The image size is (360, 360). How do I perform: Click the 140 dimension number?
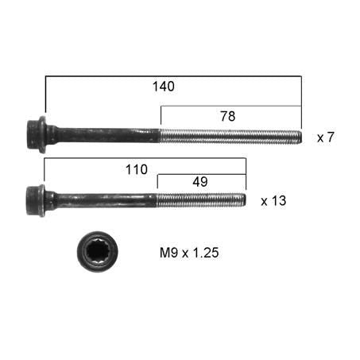click(x=163, y=87)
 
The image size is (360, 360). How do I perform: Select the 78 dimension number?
click(x=228, y=115)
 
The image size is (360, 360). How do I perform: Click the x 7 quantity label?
click(x=326, y=137)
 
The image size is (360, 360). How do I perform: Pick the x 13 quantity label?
click(x=273, y=201)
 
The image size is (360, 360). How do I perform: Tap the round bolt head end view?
click(x=97, y=252)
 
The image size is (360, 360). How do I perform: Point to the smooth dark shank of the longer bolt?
click(x=103, y=134)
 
